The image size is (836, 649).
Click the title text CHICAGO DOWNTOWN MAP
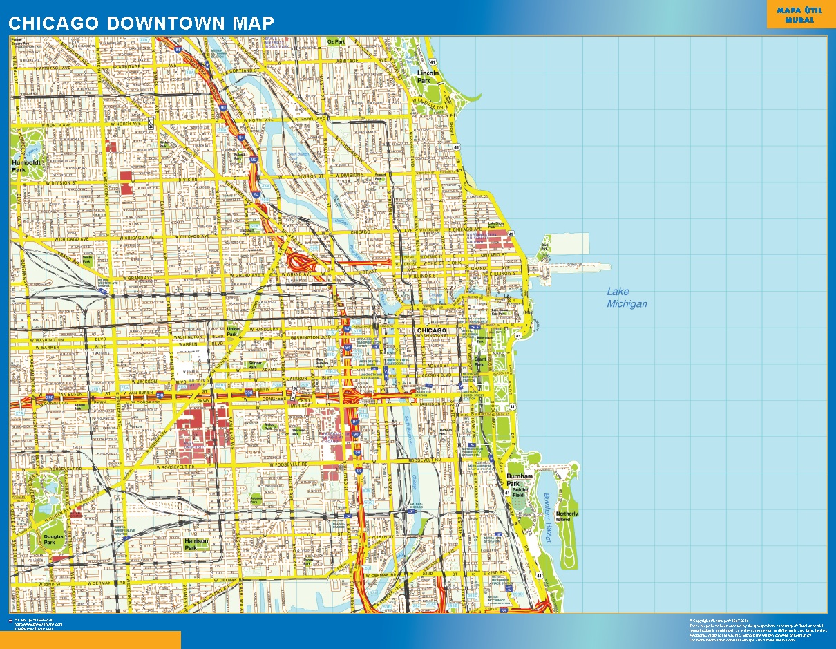coord(141,22)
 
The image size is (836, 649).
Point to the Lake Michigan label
coord(627,298)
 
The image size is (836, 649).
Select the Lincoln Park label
coord(428,77)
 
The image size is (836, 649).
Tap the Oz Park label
coord(336,42)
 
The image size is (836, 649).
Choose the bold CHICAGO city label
coord(432,331)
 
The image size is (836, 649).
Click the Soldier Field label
coord(520,492)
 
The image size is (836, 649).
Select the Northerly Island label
coord(567,517)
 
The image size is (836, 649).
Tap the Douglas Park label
coord(53,539)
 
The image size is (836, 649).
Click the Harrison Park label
coord(196,545)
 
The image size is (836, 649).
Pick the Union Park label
coord(233,331)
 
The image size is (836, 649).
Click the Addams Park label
coord(256,498)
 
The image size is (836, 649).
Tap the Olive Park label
coord(545,245)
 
